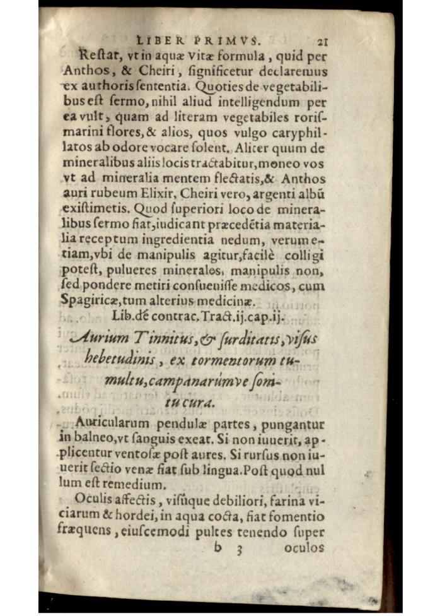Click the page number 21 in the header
[x=323, y=42]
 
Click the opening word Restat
[x=98, y=55]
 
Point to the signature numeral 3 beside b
[x=239, y=548]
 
